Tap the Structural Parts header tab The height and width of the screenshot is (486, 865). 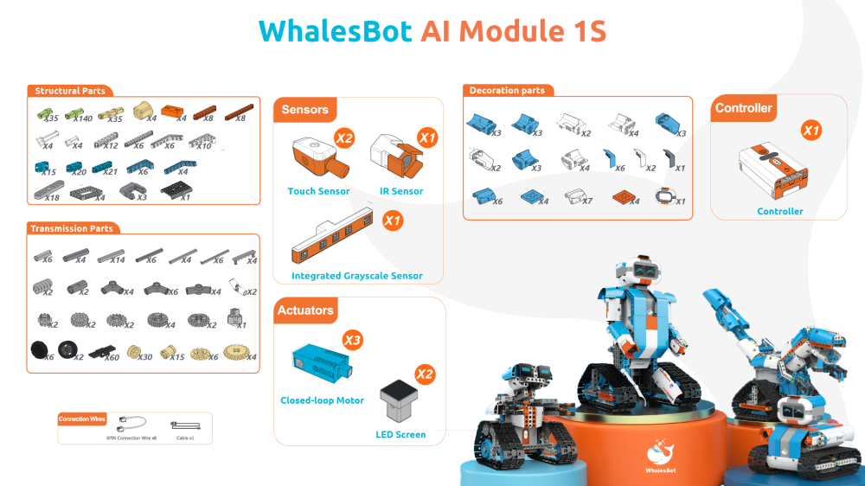pos(70,91)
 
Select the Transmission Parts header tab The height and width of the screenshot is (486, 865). pos(71,228)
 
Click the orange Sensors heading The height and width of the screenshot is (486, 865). pos(304,110)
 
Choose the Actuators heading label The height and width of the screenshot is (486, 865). pos(305,310)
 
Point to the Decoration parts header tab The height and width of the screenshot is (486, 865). pos(506,90)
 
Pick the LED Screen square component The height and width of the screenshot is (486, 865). pos(400,401)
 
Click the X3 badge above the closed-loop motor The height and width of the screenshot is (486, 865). pos(352,340)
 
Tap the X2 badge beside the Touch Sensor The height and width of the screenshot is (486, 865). pos(344,137)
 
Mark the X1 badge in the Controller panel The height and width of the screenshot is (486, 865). pos(811,131)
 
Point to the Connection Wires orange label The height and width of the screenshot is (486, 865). pos(82,419)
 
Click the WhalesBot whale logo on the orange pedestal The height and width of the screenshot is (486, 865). pos(663,451)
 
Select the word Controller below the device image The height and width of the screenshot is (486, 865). pos(779,211)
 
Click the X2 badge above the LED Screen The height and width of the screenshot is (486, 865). pos(425,374)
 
